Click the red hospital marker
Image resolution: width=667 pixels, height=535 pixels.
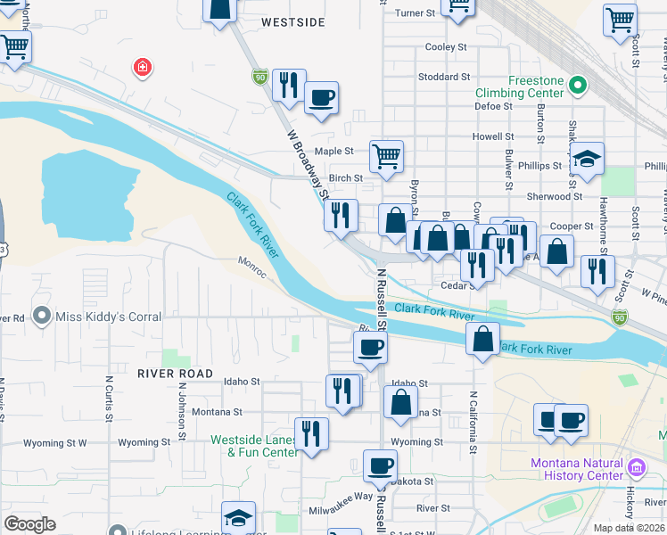(x=141, y=68)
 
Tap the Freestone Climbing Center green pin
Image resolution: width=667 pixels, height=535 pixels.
(x=577, y=86)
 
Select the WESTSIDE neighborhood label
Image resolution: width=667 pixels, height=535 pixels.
(x=293, y=21)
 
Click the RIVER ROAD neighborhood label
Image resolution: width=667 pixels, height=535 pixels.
(x=176, y=374)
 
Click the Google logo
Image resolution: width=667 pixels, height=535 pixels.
(x=30, y=524)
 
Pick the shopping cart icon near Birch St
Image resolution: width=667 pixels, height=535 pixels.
(x=386, y=156)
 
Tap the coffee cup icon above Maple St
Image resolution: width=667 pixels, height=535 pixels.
(x=321, y=97)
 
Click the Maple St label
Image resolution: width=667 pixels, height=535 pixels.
(x=334, y=152)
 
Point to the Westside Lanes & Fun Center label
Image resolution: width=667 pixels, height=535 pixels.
(x=254, y=446)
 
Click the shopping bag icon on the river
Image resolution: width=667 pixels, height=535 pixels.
(x=482, y=339)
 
